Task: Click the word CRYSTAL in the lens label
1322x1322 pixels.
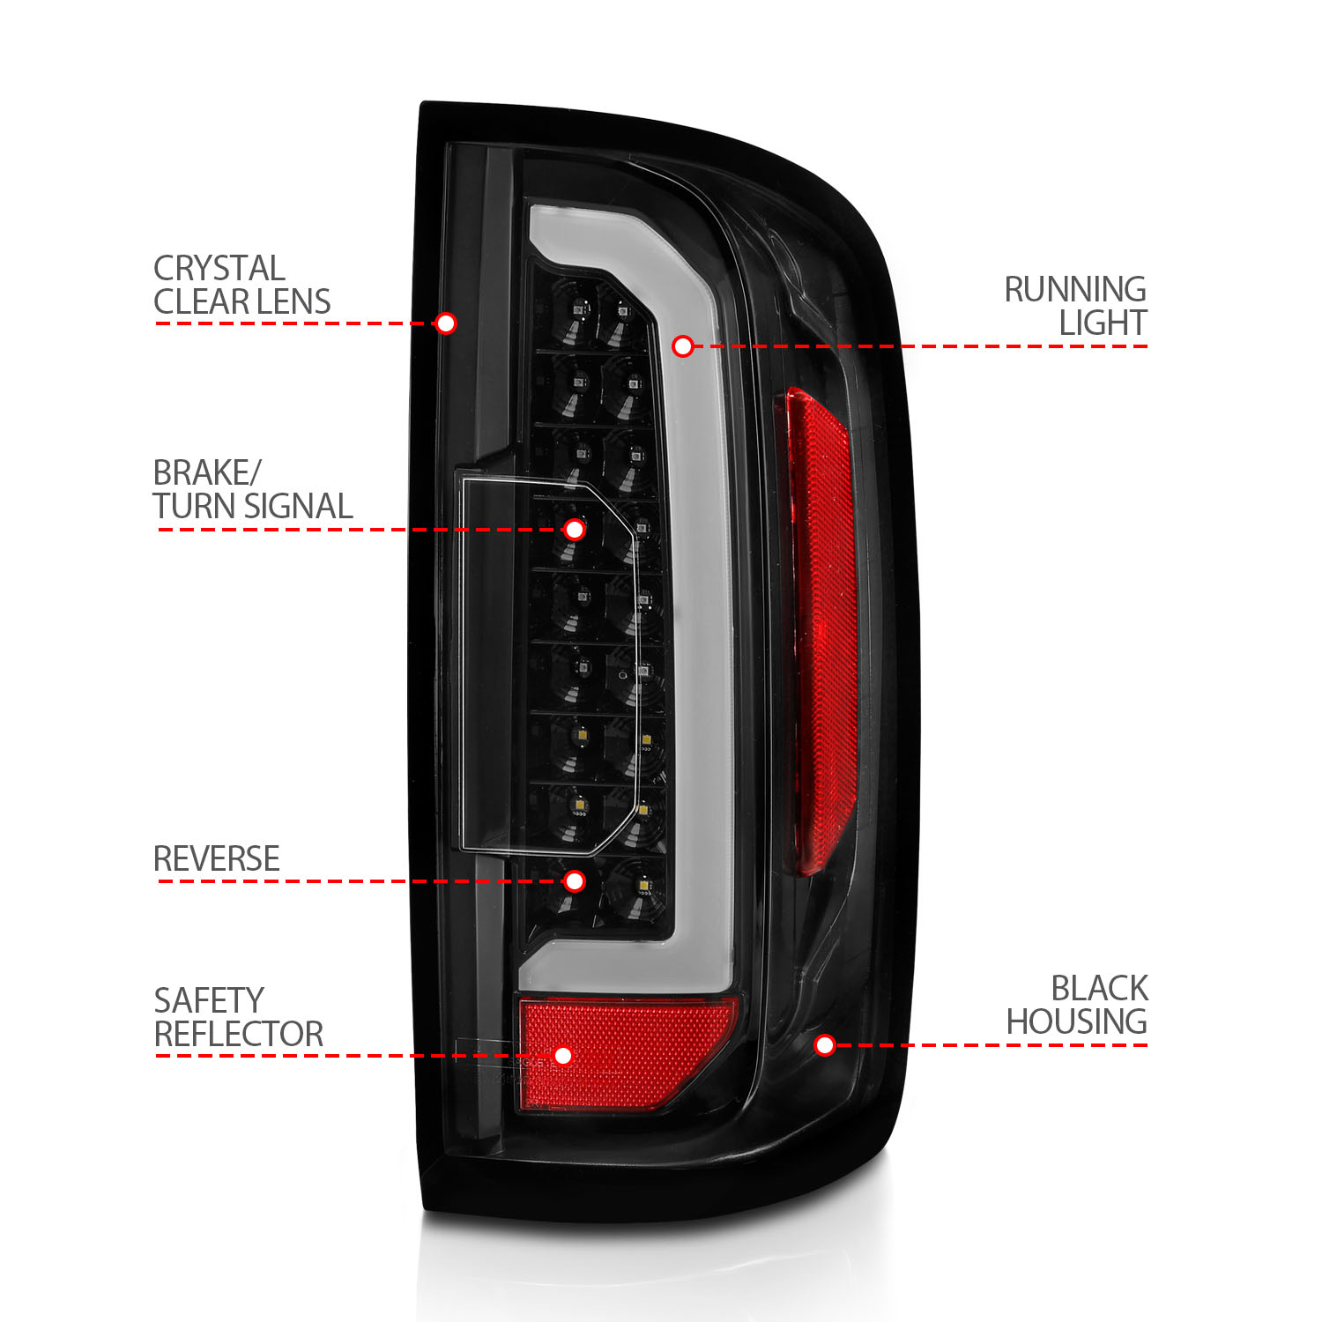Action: pos(219,268)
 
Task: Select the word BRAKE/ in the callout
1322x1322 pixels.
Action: pos(207,473)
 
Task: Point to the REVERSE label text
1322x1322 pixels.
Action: pos(217,859)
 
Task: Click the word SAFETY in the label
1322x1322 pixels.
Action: pos(209,1001)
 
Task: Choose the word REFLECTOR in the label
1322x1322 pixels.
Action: pos(239,1035)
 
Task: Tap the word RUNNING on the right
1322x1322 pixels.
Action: pos(1075,290)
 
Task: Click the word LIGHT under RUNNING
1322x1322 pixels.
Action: pos(1103,323)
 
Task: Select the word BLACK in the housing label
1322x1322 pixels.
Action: pos(1099,989)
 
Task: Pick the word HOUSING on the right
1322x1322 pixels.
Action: pos(1076,1022)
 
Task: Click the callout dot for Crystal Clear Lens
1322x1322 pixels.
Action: pos(446,323)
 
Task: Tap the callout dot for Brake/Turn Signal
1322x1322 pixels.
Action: pos(575,530)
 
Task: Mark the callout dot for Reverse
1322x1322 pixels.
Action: pos(575,881)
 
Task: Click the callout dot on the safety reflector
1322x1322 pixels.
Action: pos(563,1056)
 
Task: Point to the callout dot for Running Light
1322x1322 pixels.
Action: pos(683,346)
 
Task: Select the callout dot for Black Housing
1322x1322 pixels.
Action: pos(825,1045)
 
